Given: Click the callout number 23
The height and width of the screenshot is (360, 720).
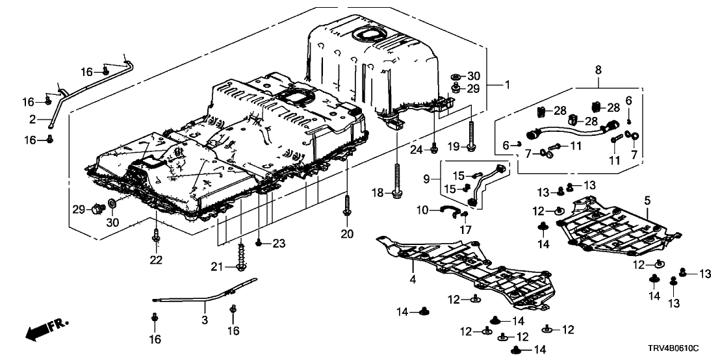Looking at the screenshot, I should point(279,244).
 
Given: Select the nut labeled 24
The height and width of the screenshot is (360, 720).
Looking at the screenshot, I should point(433,151).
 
